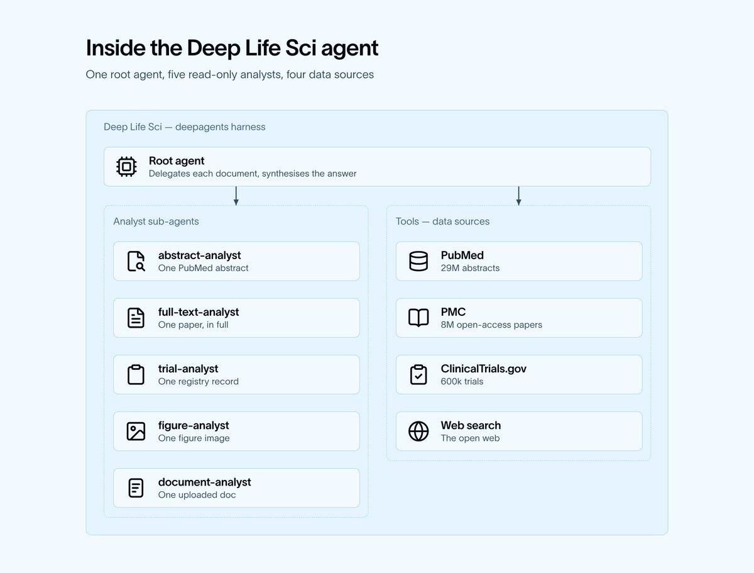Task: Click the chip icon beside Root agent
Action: click(126, 167)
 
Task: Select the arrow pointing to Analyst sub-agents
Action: click(236, 196)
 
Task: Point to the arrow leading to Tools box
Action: click(519, 196)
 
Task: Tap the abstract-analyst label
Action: click(199, 255)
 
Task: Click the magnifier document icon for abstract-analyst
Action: click(136, 261)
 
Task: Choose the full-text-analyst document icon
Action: click(136, 318)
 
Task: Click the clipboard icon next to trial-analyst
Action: click(136, 374)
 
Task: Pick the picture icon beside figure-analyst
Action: click(136, 431)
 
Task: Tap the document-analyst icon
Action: click(136, 487)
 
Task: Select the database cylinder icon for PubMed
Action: click(418, 261)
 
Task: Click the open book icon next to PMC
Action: click(418, 318)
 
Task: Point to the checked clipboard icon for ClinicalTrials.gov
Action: click(418, 374)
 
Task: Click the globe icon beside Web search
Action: click(418, 431)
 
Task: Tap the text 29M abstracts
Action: click(470, 268)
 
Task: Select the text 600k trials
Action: click(462, 382)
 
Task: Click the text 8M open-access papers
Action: click(491, 325)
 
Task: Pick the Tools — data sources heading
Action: click(442, 221)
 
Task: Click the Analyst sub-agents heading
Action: click(156, 221)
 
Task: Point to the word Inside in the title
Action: click(116, 48)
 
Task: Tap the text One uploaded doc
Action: click(197, 495)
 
